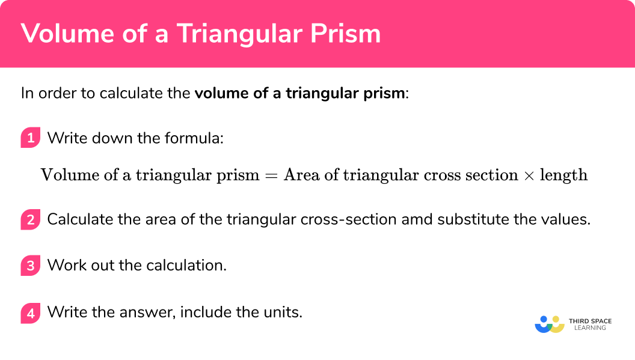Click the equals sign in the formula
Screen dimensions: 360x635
[x=271, y=175]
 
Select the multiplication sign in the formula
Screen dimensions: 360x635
[x=529, y=175]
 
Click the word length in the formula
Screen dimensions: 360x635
[x=563, y=175]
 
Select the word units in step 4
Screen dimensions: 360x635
[x=283, y=313]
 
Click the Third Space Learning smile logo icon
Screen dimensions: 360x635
[x=549, y=325]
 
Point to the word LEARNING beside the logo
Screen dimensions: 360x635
[x=590, y=328]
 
